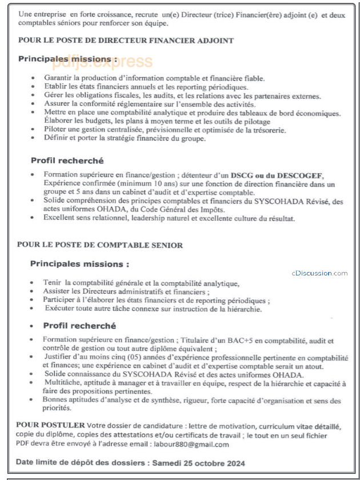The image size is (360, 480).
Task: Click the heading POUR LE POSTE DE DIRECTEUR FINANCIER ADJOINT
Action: [x=126, y=41]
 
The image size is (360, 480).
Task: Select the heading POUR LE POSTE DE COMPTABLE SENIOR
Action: [x=100, y=245]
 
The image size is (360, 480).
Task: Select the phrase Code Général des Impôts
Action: [x=181, y=210]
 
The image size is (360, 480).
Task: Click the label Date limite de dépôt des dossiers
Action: [x=81, y=463]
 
